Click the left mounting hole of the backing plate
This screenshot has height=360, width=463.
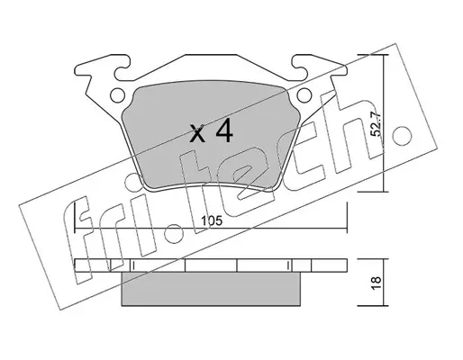pyautogui.click(x=117, y=95)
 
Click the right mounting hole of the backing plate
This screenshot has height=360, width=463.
pyautogui.click(x=304, y=95)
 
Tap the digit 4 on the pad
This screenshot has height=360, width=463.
pyautogui.click(x=224, y=130)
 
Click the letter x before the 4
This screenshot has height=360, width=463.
pyautogui.click(x=198, y=134)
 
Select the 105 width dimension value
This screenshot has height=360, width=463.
pyautogui.click(x=212, y=221)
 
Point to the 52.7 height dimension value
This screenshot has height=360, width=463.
pyautogui.click(x=376, y=123)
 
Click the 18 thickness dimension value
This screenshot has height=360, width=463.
pyautogui.click(x=376, y=283)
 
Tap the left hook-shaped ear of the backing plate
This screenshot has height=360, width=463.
pyautogui.click(x=102, y=67)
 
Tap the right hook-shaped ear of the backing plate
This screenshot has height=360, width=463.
pyautogui.click(x=320, y=67)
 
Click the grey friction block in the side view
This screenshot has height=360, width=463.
pyautogui.click(x=211, y=289)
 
